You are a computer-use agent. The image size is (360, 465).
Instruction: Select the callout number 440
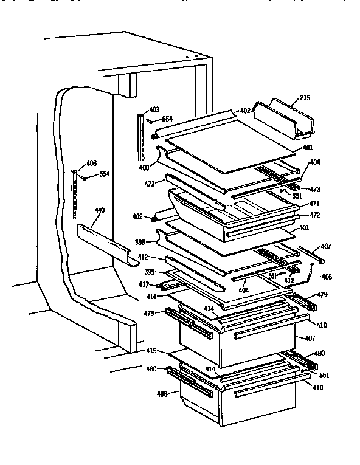[100, 211]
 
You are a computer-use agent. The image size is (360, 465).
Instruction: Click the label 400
[145, 167]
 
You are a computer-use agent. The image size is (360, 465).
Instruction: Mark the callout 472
[315, 215]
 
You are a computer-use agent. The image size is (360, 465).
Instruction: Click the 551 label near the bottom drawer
[323, 375]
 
